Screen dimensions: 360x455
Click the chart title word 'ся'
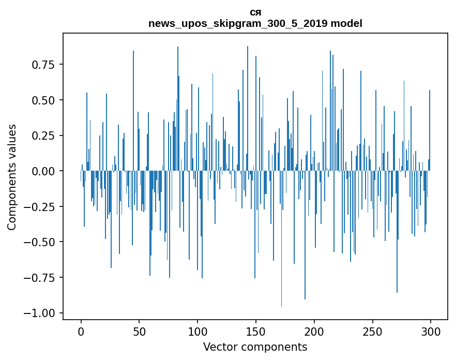click(255, 12)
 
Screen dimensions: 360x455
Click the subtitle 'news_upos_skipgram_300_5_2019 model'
click(255, 23)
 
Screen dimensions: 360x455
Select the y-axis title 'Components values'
click(12, 177)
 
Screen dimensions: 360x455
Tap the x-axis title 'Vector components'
click(255, 347)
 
